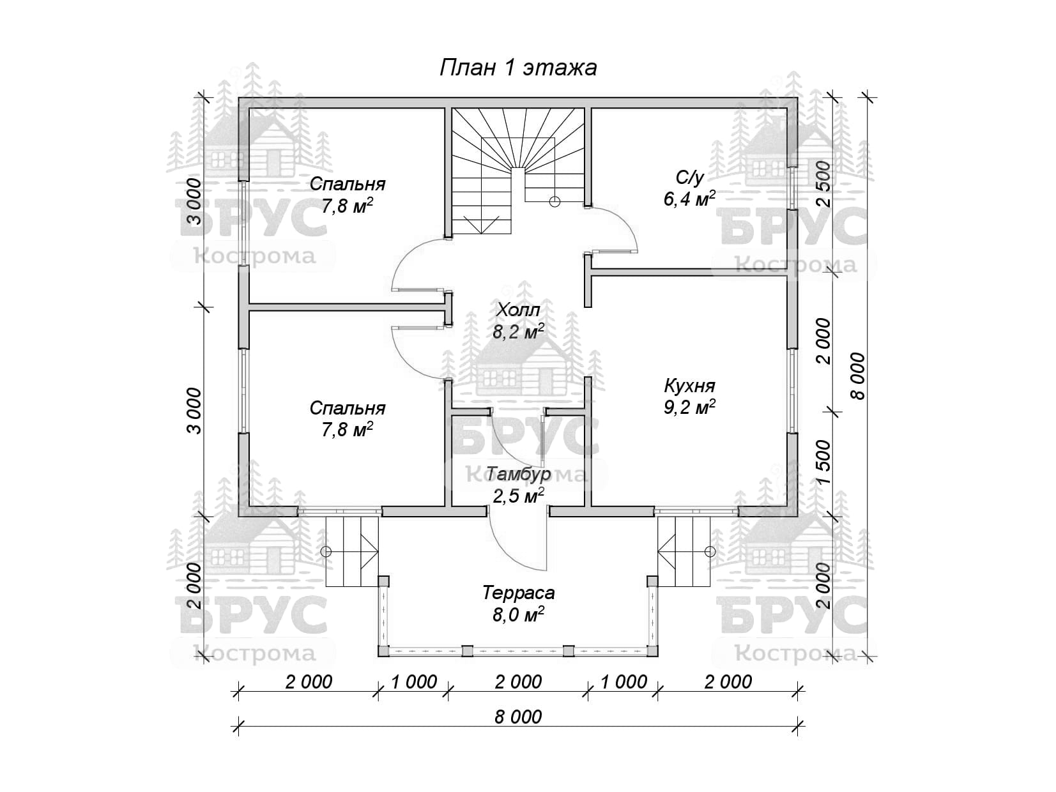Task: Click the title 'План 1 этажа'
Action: coord(517,68)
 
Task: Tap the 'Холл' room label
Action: coord(517,310)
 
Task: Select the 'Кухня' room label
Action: coord(689,386)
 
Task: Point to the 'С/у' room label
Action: coord(689,177)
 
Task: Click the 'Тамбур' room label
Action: coord(517,475)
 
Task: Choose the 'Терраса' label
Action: coord(518,593)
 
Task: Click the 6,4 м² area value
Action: coord(689,199)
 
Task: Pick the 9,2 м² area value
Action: coord(689,407)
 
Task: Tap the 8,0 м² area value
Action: coord(518,615)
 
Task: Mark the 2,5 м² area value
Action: coord(517,496)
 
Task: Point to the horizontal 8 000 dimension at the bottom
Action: coord(517,717)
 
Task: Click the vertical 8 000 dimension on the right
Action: coord(857,377)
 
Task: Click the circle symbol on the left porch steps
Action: coord(326,551)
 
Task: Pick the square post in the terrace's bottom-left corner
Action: coord(383,651)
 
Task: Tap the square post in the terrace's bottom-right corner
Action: coord(652,651)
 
